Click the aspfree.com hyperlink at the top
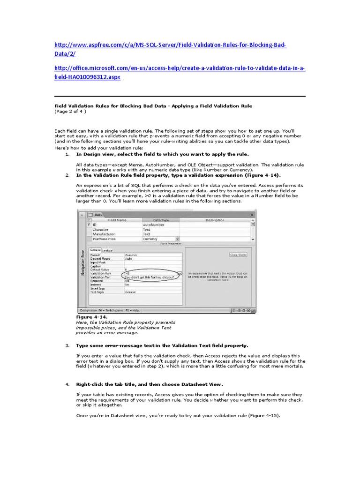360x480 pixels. [170, 45]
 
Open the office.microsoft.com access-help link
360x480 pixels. [180, 69]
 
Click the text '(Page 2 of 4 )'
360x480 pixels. [70, 112]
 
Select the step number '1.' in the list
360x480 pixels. [67, 154]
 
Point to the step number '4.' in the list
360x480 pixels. [67, 384]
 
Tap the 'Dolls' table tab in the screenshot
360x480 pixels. [98, 215]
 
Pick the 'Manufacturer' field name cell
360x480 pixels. [104, 234]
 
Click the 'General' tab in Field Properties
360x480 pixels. [95, 250]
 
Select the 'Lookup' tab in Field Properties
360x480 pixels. [107, 250]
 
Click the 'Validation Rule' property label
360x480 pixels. [101, 273]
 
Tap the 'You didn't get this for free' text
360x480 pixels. [149, 277]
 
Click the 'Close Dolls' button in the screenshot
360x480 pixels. [238, 255]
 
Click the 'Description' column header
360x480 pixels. [214, 219]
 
